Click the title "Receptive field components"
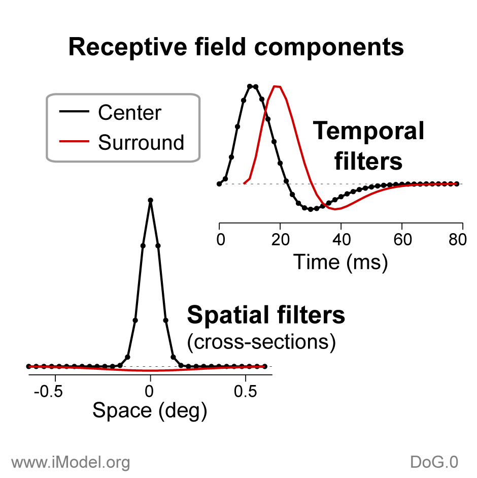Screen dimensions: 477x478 (x=236, y=47)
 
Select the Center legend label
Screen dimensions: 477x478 (x=130, y=112)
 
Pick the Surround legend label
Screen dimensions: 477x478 (x=141, y=142)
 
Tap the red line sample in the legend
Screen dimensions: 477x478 (x=74, y=141)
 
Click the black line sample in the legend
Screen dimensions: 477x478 (x=74, y=111)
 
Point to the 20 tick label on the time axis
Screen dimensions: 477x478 (x=280, y=240)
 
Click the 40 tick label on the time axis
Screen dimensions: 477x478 (x=341, y=240)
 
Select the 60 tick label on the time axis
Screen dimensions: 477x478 (x=402, y=240)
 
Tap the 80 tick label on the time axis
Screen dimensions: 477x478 (x=458, y=240)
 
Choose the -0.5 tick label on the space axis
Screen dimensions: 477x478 (x=48, y=391)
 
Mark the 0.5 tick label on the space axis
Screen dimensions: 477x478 (x=246, y=391)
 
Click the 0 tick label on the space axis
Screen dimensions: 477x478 (x=149, y=391)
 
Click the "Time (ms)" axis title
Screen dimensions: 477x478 (x=340, y=262)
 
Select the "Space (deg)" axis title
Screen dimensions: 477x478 (x=150, y=410)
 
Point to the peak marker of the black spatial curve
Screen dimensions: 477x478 (x=151, y=200)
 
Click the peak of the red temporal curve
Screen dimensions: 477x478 (x=277, y=86)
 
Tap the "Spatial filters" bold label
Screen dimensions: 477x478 (x=266, y=314)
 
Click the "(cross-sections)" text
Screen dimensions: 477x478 (x=261, y=342)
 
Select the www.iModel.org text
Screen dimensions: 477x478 (x=71, y=462)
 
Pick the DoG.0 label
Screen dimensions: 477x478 (x=434, y=462)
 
